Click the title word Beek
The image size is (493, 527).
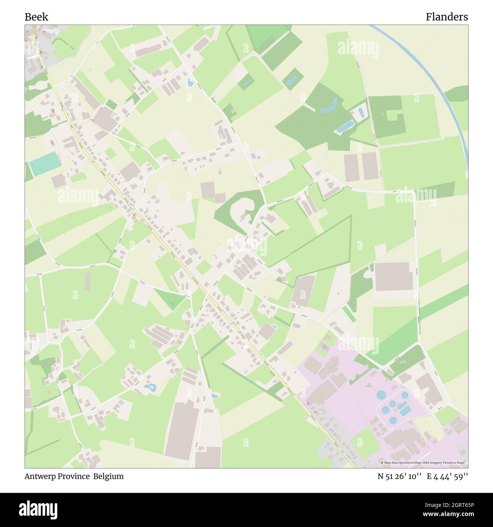point(36,17)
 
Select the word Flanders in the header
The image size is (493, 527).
point(446,17)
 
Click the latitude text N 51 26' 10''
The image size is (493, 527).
point(399,476)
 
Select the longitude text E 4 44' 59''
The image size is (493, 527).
point(447,476)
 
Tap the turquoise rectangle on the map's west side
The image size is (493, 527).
point(45,164)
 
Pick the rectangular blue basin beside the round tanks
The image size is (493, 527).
point(405,409)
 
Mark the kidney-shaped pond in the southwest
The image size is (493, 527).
point(150,387)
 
